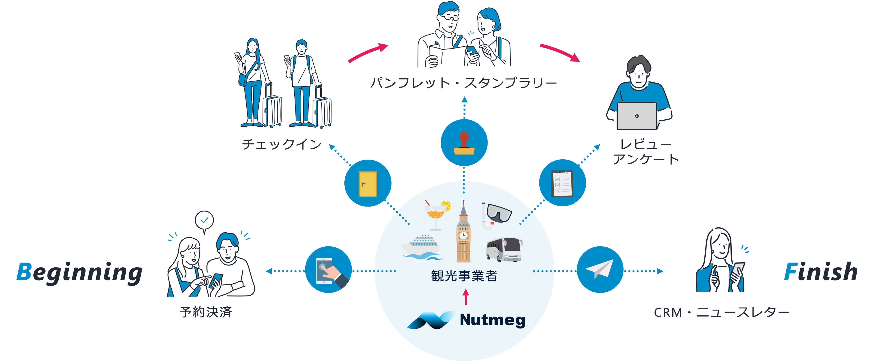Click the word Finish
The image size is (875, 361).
click(x=820, y=272)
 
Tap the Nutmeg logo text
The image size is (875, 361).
click(x=492, y=320)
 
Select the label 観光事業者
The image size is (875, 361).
click(x=464, y=276)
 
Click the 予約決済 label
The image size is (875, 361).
click(x=206, y=312)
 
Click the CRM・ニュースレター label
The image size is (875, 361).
click(x=721, y=312)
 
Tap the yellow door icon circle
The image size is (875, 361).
click(x=368, y=183)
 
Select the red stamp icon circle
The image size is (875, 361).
click(x=464, y=143)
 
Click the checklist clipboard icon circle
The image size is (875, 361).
click(x=562, y=183)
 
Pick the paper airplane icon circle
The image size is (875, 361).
click(x=600, y=270)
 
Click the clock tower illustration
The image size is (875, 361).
click(x=463, y=233)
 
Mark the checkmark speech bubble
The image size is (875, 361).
click(x=204, y=221)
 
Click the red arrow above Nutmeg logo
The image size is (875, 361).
click(x=466, y=297)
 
